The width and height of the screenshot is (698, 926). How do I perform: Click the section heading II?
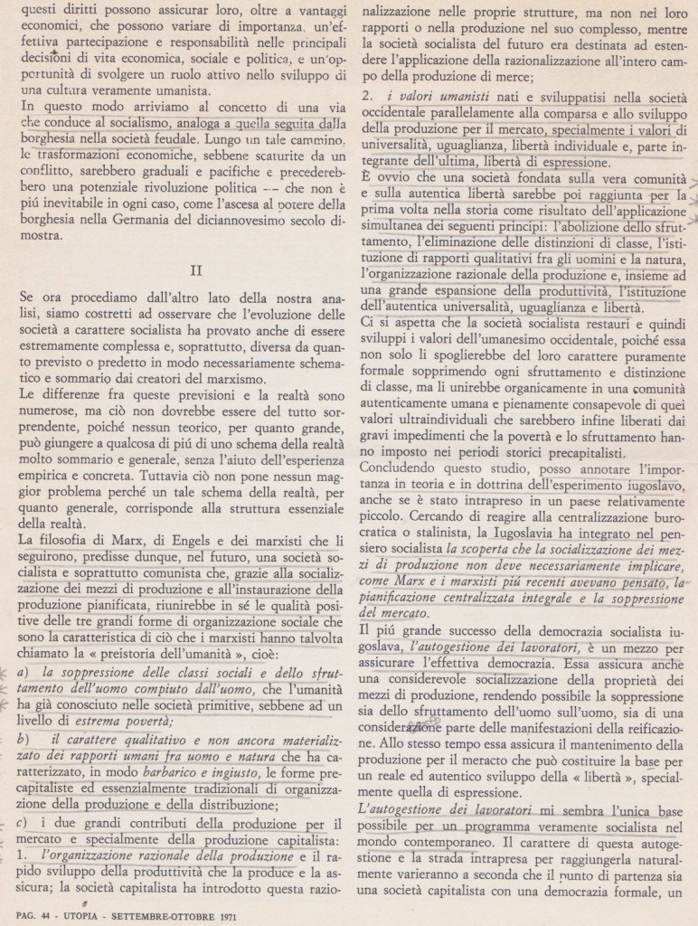coord(194,269)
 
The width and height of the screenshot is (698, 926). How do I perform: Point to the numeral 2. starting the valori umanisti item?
coord(365,93)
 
